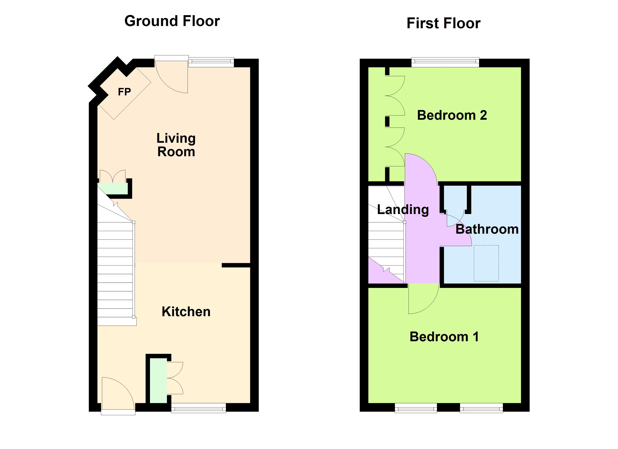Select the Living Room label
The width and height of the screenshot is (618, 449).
pos(176,145)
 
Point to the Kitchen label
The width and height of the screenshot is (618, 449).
pos(186,311)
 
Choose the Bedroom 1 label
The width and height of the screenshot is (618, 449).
pos(444,337)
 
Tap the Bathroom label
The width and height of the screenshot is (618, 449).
pos(487,229)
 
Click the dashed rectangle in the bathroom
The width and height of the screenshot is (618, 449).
pos(486,263)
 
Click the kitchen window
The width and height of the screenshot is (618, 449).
pos(199,408)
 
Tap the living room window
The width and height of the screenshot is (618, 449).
pos(211,62)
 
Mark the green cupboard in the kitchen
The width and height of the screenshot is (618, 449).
pos(158,381)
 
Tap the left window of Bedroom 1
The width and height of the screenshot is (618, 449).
pos(416,408)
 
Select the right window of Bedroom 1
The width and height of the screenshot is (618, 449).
pos(481,408)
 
